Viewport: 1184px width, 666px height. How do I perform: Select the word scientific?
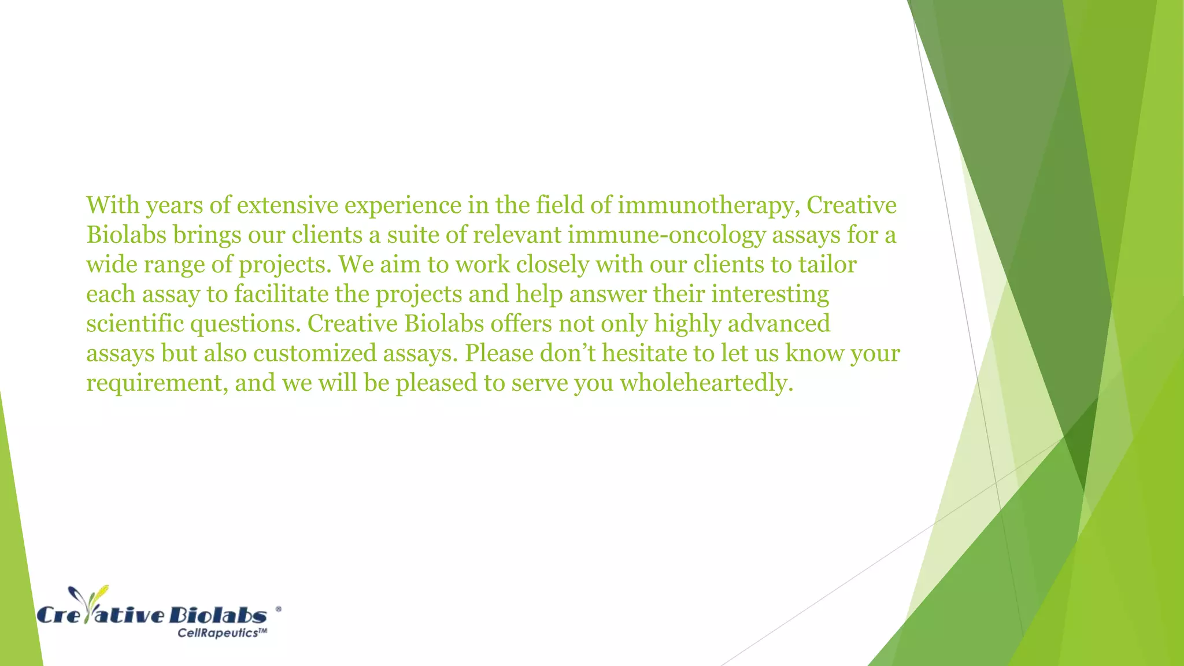135,324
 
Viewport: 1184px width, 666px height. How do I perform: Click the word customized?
314,353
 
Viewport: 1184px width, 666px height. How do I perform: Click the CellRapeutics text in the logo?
222,633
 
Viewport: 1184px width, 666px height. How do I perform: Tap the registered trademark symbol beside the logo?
279,609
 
